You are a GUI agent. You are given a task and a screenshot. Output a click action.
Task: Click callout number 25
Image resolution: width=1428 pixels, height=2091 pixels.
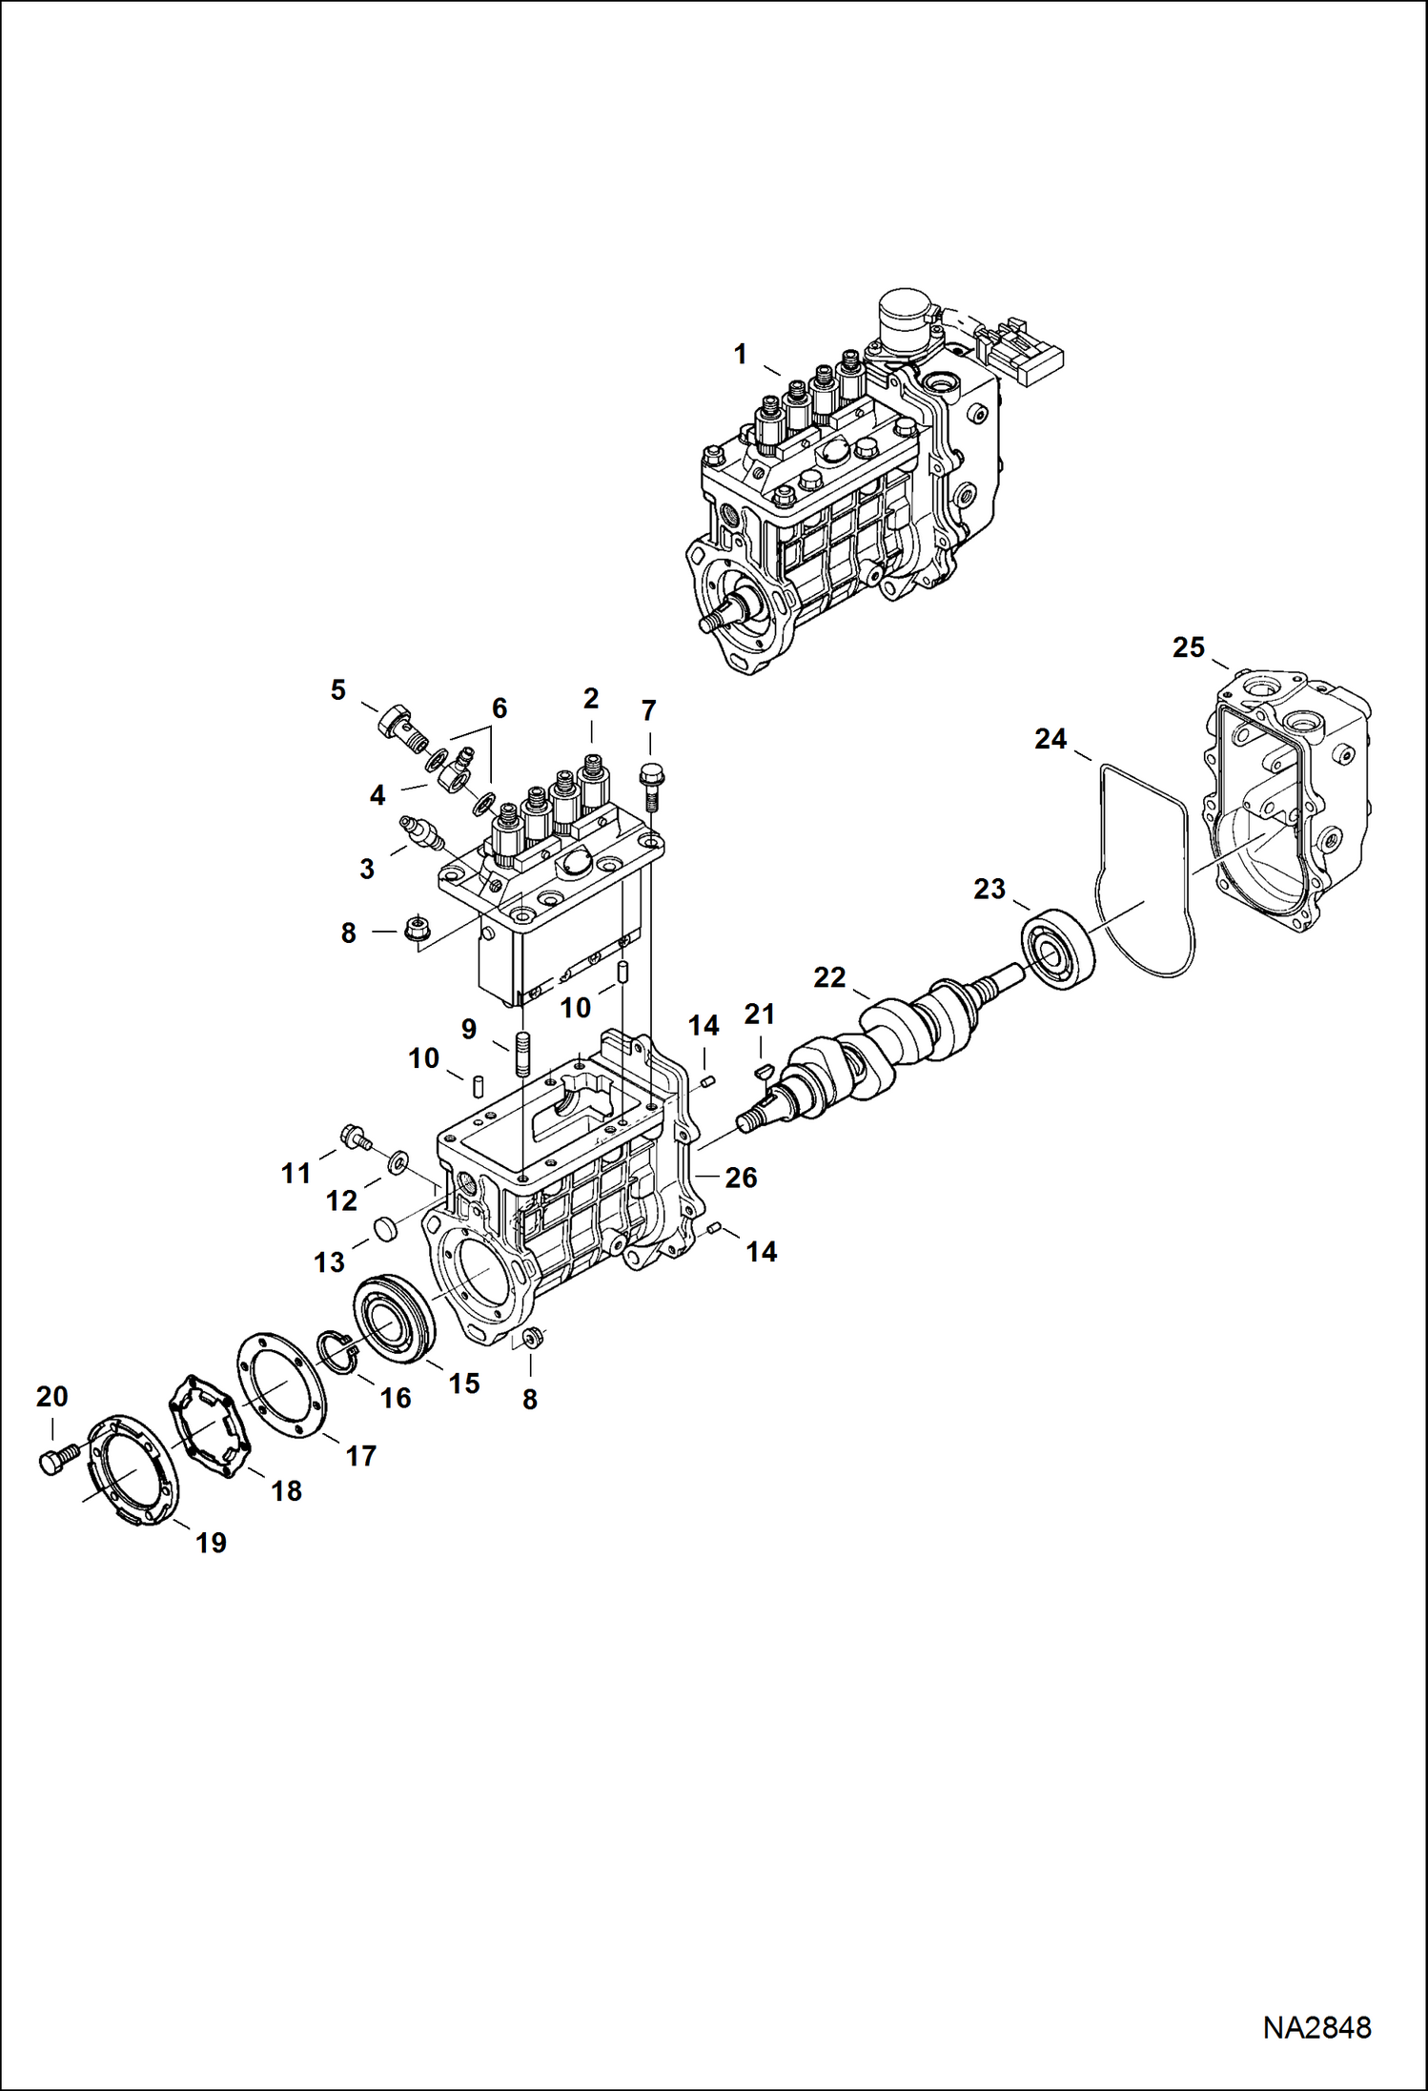(x=1188, y=648)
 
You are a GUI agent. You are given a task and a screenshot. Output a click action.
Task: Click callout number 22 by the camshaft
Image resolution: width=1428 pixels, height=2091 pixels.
(x=829, y=977)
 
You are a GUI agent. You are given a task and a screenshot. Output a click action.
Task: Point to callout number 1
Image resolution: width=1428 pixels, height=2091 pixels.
(x=740, y=355)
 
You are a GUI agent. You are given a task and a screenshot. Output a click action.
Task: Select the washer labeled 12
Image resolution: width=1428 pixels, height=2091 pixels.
(x=397, y=1162)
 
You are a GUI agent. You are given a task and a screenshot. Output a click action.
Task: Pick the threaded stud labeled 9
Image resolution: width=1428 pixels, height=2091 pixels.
(x=522, y=1052)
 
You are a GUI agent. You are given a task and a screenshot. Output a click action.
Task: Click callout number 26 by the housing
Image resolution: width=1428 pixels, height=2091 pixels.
(x=741, y=1178)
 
